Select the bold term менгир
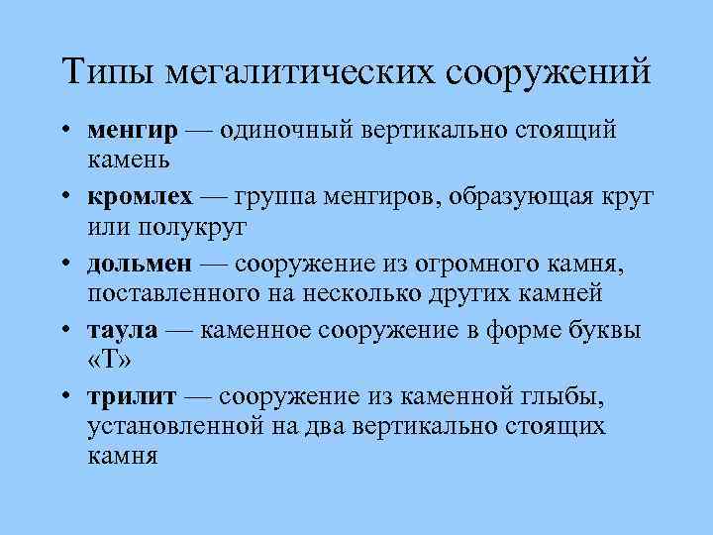[133, 130]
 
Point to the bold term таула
[122, 331]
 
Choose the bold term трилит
[132, 397]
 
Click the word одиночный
[288, 130]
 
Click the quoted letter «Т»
[109, 360]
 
